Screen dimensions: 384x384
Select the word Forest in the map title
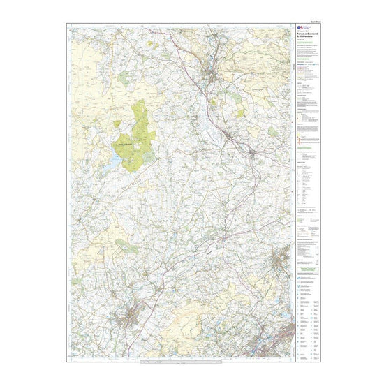(304, 33)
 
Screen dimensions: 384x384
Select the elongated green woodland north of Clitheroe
(126, 245)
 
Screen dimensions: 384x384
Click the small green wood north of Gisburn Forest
(123, 79)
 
